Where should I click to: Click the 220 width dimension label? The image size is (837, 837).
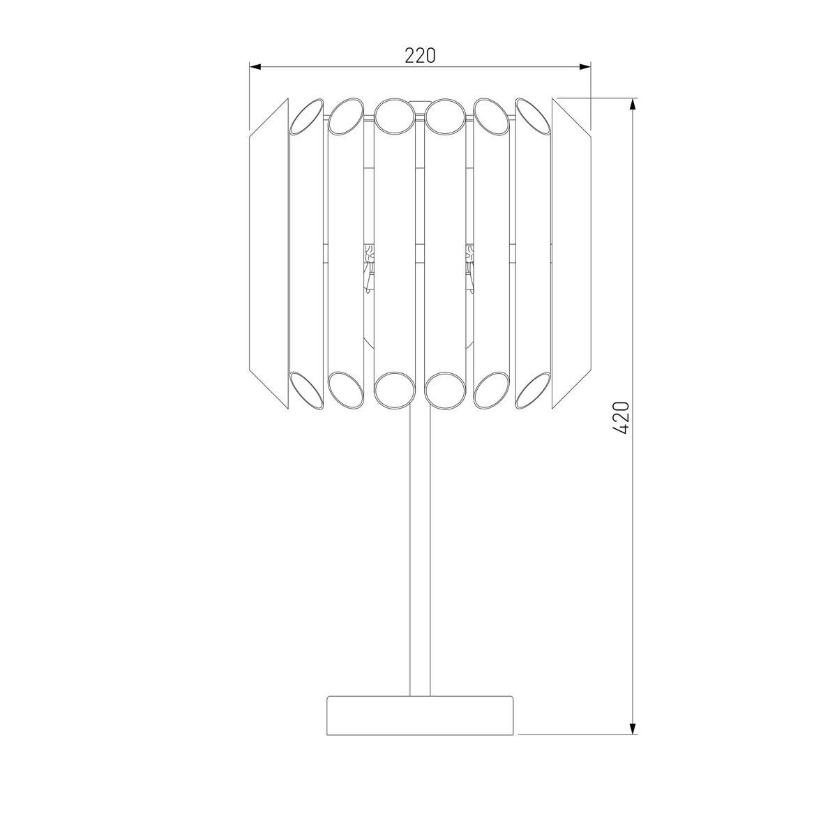420,55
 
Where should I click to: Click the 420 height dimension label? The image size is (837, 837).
623,417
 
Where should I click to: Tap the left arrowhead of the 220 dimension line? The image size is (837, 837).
255,67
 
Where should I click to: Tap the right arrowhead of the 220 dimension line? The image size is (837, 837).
585,67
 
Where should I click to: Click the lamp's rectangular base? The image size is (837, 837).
420,715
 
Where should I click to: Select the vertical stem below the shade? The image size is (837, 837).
420,551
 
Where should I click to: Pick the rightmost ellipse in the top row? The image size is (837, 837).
533,114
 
